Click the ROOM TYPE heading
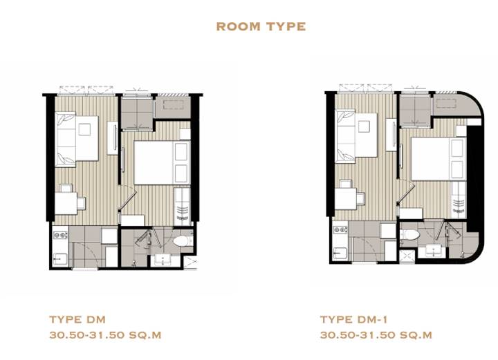pos(261,27)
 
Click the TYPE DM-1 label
pos(353,319)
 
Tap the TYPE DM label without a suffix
pos(77,319)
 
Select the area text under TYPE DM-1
pos(376,335)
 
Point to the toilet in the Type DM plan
pos(183,240)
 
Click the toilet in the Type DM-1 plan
pos(410,235)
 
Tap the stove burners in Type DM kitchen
pos(61,236)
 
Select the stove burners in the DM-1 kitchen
pos(340,230)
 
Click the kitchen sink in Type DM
pos(60,259)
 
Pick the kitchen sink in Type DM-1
pos(340,254)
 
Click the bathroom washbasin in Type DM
pos(163,260)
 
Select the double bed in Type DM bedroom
pos(162,162)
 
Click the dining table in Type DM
pos(66,203)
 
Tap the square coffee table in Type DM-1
pos(364,126)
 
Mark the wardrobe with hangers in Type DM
pos(182,207)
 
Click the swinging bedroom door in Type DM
pos(128,200)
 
